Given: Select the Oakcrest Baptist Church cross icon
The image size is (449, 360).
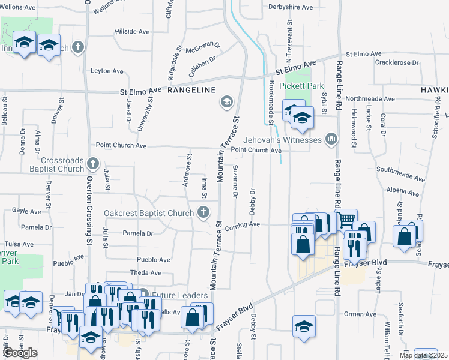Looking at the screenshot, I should pos(204,212).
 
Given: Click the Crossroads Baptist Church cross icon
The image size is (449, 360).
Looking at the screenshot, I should pos(92,163).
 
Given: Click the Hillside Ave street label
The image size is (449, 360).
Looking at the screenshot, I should pos(132,31).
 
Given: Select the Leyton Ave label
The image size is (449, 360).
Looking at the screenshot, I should pos(107,71).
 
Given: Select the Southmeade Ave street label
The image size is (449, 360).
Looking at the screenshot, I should pos(406,178).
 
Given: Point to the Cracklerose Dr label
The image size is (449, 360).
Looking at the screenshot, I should pos(396,62).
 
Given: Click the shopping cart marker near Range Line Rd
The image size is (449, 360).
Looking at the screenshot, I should pos(347,220).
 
